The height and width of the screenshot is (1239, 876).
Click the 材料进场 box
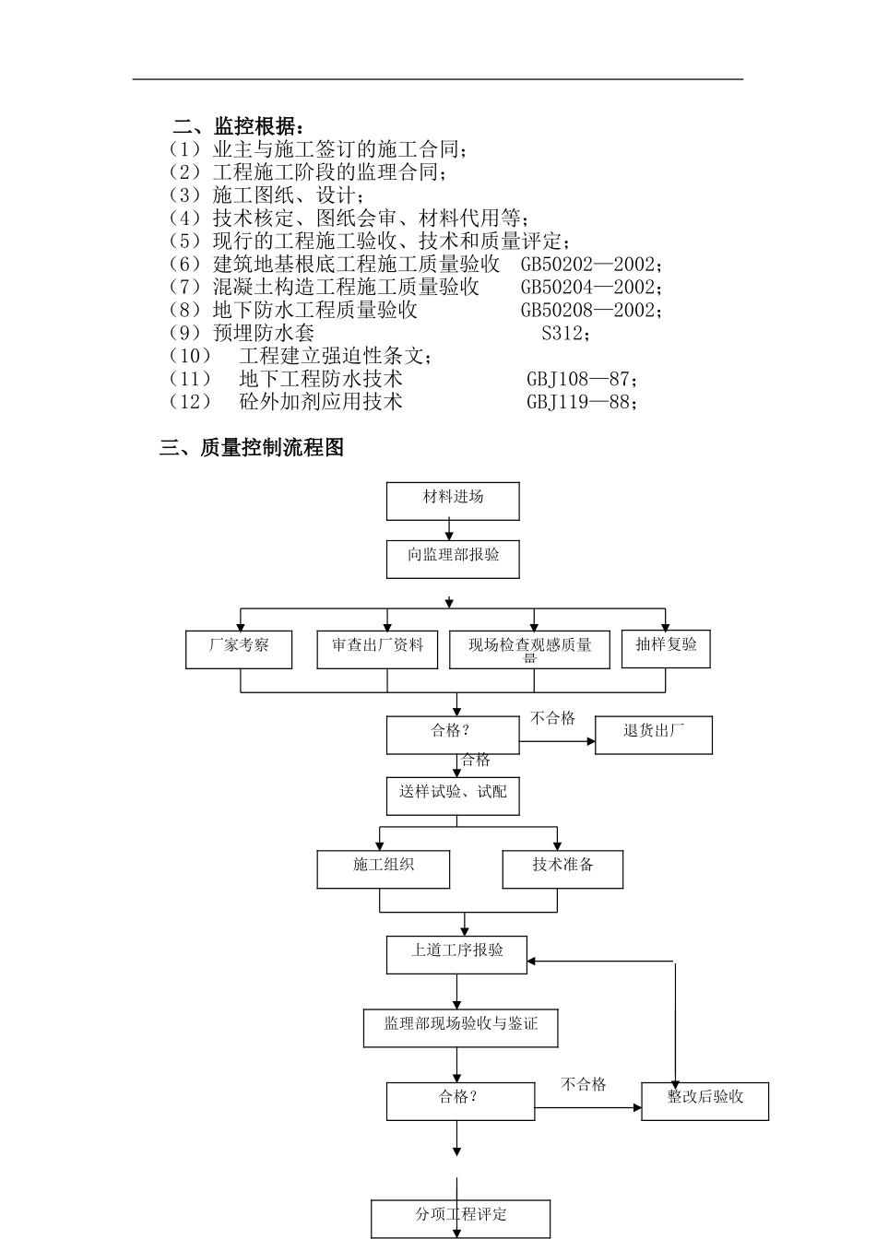pos(453,501)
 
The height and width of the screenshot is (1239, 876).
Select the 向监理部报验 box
pos(453,559)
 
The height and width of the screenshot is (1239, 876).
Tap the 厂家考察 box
pos(239,649)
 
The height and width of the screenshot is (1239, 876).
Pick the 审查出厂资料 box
pos(378,649)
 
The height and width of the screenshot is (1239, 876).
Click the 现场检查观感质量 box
pos(530,649)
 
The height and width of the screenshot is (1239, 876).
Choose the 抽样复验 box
pos(666,647)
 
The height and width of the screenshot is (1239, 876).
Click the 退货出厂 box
pos(653,735)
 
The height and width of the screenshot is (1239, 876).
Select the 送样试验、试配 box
pos(453,796)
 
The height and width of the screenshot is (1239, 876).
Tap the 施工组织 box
pos(384,868)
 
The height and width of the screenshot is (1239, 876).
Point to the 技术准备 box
pos(562,868)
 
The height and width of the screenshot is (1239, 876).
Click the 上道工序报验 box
pos(456,954)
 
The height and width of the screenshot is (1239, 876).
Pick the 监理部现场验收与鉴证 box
pos(461,1027)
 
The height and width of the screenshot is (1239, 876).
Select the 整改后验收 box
pos(704,1101)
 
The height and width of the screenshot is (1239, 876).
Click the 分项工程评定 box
pos(461,1218)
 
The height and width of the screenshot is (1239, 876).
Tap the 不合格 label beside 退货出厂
pos(552,718)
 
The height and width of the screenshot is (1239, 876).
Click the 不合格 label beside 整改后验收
pos(584,1084)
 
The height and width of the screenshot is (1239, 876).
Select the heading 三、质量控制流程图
pos(252,448)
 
